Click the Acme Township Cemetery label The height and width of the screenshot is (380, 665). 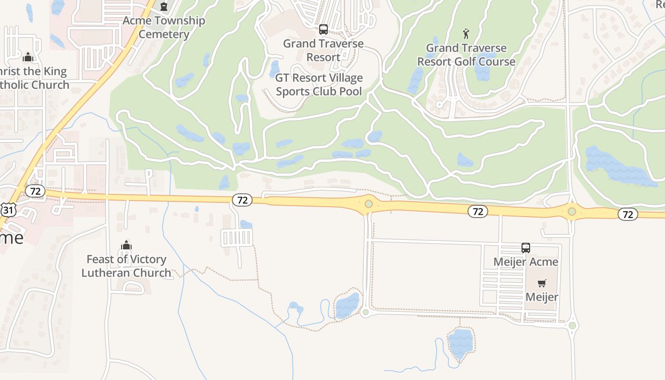point(164,28)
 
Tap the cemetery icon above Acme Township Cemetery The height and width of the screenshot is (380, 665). point(164,7)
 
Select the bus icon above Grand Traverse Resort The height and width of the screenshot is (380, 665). point(323,29)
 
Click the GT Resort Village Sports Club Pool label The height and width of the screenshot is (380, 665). point(319,85)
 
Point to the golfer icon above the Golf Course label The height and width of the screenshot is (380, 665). point(466,34)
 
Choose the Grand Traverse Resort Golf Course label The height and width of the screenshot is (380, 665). point(466,55)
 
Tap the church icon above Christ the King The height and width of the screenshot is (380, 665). point(28,57)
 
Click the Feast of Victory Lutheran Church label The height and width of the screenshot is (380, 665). point(126,266)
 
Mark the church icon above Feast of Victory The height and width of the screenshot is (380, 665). point(126,245)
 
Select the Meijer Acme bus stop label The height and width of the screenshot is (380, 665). point(526,262)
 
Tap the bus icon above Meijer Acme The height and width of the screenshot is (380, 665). point(526,248)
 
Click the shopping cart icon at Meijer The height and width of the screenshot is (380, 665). point(542,284)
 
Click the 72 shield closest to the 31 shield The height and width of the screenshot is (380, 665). point(35,191)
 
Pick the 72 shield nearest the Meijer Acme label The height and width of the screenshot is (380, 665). point(478,211)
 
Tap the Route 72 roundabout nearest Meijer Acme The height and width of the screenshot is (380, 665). point(572,211)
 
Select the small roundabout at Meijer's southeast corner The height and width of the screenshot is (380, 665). point(572,325)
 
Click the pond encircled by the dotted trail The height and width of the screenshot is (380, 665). point(347,305)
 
